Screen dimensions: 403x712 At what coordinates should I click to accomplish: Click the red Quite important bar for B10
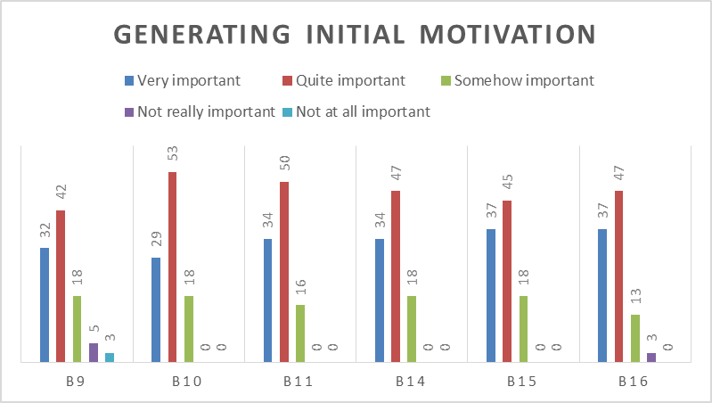tap(172, 267)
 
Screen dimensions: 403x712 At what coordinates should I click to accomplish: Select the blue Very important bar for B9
tap(45, 305)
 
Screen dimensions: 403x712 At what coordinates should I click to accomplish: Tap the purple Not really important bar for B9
tap(93, 353)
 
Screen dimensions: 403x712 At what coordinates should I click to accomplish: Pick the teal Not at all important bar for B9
tap(109, 358)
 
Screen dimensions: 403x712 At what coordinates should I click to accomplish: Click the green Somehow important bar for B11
tap(300, 333)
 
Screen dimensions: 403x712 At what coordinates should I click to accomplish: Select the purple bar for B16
tap(651, 358)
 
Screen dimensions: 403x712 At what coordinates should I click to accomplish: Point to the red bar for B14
tap(396, 276)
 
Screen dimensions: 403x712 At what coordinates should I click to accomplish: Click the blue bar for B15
tap(491, 296)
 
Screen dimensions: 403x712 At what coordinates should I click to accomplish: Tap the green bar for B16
tap(634, 338)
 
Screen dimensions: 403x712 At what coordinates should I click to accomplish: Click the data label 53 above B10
tap(172, 154)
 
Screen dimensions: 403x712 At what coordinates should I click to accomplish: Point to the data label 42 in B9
tap(61, 193)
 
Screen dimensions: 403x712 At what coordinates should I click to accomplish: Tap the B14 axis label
tap(412, 382)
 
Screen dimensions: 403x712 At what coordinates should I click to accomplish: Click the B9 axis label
tap(77, 382)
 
